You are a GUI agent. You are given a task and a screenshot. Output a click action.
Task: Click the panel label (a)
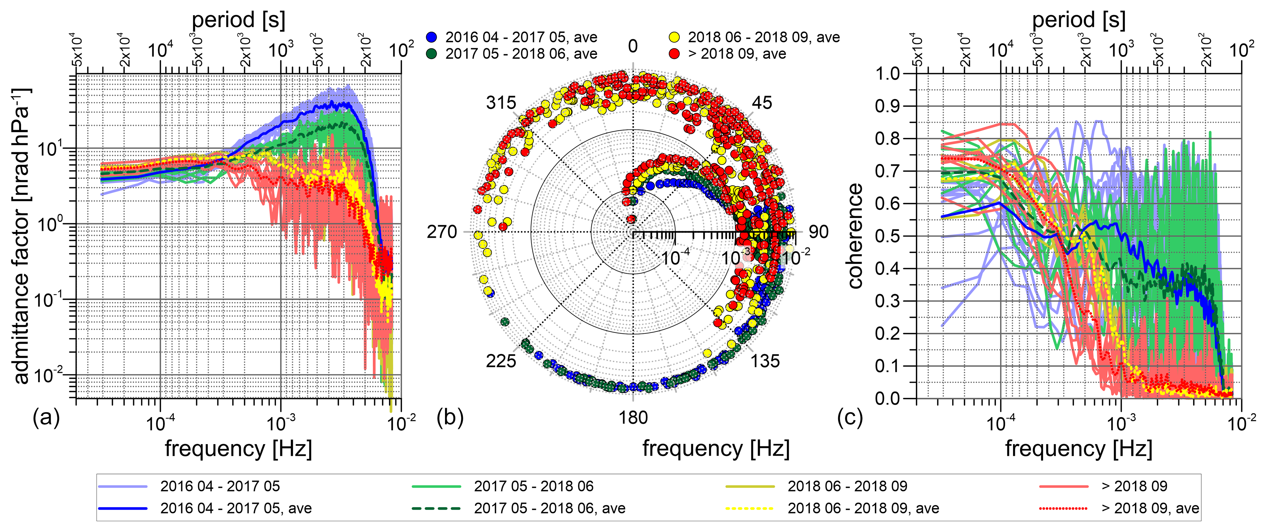pyautogui.click(x=46, y=418)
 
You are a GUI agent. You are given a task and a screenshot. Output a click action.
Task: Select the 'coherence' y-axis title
pyautogui.click(x=855, y=236)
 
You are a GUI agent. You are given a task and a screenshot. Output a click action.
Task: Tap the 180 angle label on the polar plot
pyautogui.click(x=633, y=418)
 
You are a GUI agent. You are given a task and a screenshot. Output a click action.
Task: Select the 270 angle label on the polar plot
pyautogui.click(x=442, y=232)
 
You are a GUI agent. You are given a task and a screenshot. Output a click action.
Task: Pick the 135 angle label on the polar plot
pyautogui.click(x=765, y=361)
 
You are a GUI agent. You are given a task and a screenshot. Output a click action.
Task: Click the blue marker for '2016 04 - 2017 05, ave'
pyautogui.click(x=432, y=37)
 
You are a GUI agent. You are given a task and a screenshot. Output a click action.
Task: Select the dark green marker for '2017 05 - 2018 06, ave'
pyautogui.click(x=432, y=54)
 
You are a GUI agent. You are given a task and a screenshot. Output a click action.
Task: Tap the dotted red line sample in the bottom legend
pyautogui.click(x=1063, y=509)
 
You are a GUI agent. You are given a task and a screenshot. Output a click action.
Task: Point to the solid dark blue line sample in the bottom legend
pyautogui.click(x=122, y=509)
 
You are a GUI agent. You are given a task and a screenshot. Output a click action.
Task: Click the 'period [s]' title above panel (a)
pyautogui.click(x=239, y=20)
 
